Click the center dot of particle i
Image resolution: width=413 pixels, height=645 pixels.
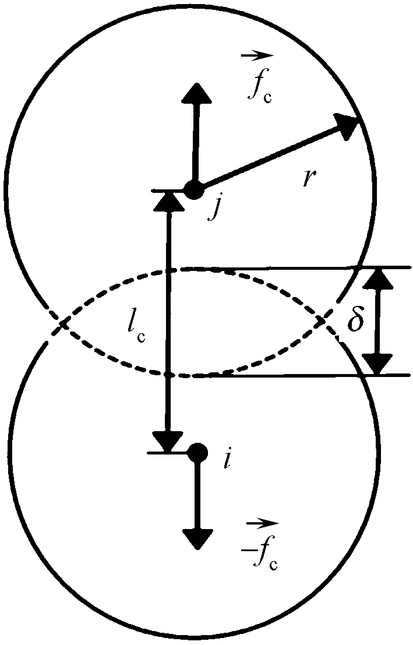(198, 452)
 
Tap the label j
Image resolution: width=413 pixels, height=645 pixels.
(214, 207)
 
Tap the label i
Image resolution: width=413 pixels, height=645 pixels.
(227, 460)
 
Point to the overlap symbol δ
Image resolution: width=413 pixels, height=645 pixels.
(355, 321)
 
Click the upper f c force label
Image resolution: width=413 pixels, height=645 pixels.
(259, 87)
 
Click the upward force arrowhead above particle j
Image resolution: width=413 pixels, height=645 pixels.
(196, 93)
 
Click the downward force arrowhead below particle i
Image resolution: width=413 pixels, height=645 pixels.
(197, 538)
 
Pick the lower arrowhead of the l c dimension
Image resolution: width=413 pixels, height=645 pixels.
(168, 442)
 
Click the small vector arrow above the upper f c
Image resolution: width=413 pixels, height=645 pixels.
(257, 55)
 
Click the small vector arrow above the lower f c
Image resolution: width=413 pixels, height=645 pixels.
(262, 523)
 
